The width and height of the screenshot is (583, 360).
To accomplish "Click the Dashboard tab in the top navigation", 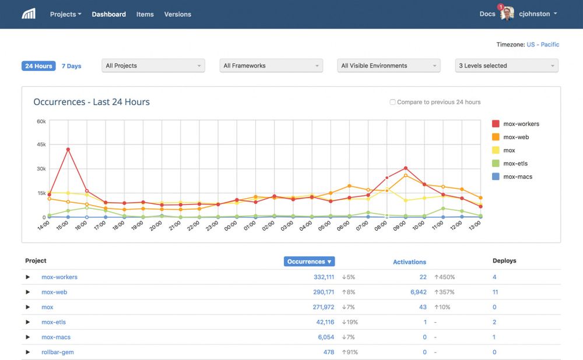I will tap(108, 14).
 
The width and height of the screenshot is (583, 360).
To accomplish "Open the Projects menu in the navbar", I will tap(65, 14).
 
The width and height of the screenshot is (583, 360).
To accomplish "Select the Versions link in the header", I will tap(177, 14).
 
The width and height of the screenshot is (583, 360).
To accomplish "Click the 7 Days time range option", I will tap(72, 66).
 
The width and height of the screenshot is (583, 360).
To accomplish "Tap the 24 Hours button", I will tap(38, 66).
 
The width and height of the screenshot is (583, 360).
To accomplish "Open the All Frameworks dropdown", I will tap(271, 66).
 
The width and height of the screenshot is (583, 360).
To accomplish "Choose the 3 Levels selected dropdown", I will tap(506, 66).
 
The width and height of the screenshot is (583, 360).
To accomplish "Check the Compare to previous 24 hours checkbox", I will tap(392, 102).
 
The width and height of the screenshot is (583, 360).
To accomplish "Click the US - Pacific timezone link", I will tap(542, 44).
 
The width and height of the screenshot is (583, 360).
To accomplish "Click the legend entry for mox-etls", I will tap(515, 164).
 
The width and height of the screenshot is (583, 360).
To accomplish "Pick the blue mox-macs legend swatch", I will tap(496, 177).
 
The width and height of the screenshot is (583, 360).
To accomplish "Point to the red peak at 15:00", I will tap(68, 149).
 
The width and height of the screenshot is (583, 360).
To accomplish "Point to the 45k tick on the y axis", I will tap(41, 144).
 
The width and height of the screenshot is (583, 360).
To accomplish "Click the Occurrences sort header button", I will tap(309, 262).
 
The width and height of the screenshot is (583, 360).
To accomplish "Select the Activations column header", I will tap(409, 262).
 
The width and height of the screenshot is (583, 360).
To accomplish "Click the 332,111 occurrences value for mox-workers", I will tap(324, 277).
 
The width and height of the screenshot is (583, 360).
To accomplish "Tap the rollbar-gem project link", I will tap(57, 352).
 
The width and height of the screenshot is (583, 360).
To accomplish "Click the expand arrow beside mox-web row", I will tap(27, 292).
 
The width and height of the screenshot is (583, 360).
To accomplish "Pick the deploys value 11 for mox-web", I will tap(495, 292).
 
